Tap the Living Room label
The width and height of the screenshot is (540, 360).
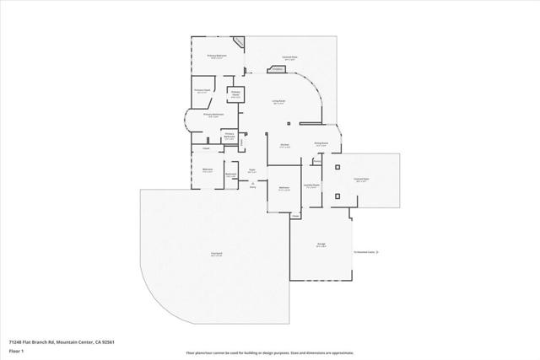[278, 102]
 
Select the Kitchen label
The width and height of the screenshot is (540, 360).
[285, 144]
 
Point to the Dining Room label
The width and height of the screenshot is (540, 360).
[321, 144]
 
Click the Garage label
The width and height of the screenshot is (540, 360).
[321, 244]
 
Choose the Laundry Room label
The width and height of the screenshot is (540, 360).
[311, 185]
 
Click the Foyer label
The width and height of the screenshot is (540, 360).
[251, 170]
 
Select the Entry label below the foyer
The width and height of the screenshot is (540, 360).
[251, 185]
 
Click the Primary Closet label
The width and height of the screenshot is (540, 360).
[202, 90]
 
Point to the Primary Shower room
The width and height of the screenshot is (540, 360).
[236, 94]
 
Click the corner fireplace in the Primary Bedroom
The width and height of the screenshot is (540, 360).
[240, 42]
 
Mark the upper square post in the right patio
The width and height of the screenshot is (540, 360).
[337, 169]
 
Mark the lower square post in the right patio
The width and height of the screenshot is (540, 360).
[337, 196]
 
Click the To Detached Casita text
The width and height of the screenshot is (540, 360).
[365, 252]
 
